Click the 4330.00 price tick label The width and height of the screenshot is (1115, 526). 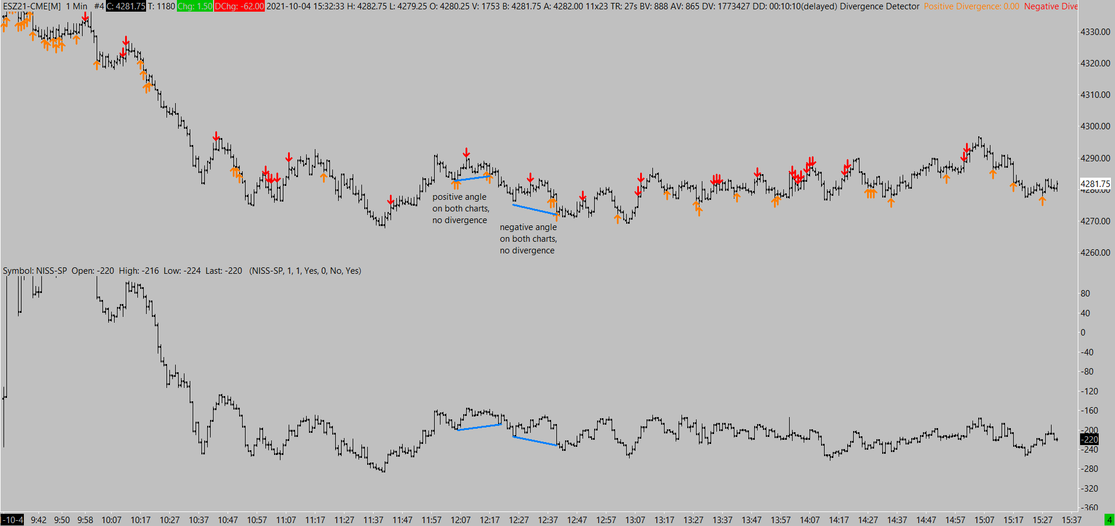point(1095,32)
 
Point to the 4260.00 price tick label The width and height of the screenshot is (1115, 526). point(1095,253)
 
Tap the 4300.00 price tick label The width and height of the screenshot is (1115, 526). point(1095,126)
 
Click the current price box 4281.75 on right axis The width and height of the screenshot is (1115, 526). point(1095,183)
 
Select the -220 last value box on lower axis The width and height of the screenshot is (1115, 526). point(1089,440)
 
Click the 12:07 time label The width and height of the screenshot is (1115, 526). point(460,520)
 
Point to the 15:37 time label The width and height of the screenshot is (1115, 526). point(1071,520)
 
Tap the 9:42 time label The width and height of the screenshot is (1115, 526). point(38,520)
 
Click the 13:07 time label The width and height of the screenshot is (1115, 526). point(635,520)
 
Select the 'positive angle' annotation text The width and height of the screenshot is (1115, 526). point(459,197)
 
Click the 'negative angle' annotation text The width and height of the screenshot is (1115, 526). point(528,227)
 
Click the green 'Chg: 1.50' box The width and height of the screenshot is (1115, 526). point(194,6)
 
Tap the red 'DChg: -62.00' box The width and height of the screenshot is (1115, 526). point(239,6)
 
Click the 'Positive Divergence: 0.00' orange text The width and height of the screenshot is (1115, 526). point(971,6)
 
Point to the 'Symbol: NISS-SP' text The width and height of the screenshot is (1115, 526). point(35,271)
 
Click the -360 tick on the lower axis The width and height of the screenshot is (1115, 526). point(1089,508)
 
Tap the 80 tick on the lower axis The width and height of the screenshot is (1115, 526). point(1085,294)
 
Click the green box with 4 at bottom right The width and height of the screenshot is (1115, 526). point(1109,520)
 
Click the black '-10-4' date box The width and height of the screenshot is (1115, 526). point(12,520)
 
